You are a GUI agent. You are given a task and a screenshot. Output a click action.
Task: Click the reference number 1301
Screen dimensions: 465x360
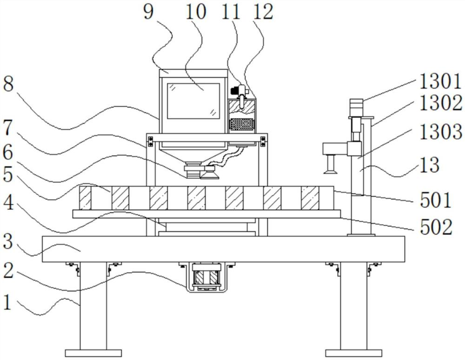[440, 81]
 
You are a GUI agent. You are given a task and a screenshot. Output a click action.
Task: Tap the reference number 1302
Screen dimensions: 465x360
[441, 103]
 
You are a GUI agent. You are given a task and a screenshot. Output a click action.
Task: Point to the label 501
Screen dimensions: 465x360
[435, 200]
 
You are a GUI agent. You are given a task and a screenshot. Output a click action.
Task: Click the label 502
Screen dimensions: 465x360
[436, 227]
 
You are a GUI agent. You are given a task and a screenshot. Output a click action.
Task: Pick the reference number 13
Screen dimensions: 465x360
[429, 165]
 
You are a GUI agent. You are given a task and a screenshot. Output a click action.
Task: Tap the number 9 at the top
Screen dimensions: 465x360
[149, 12]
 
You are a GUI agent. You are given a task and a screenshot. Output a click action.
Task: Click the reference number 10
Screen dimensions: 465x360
[196, 12]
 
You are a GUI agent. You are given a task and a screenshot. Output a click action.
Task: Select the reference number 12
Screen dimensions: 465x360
[263, 12]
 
